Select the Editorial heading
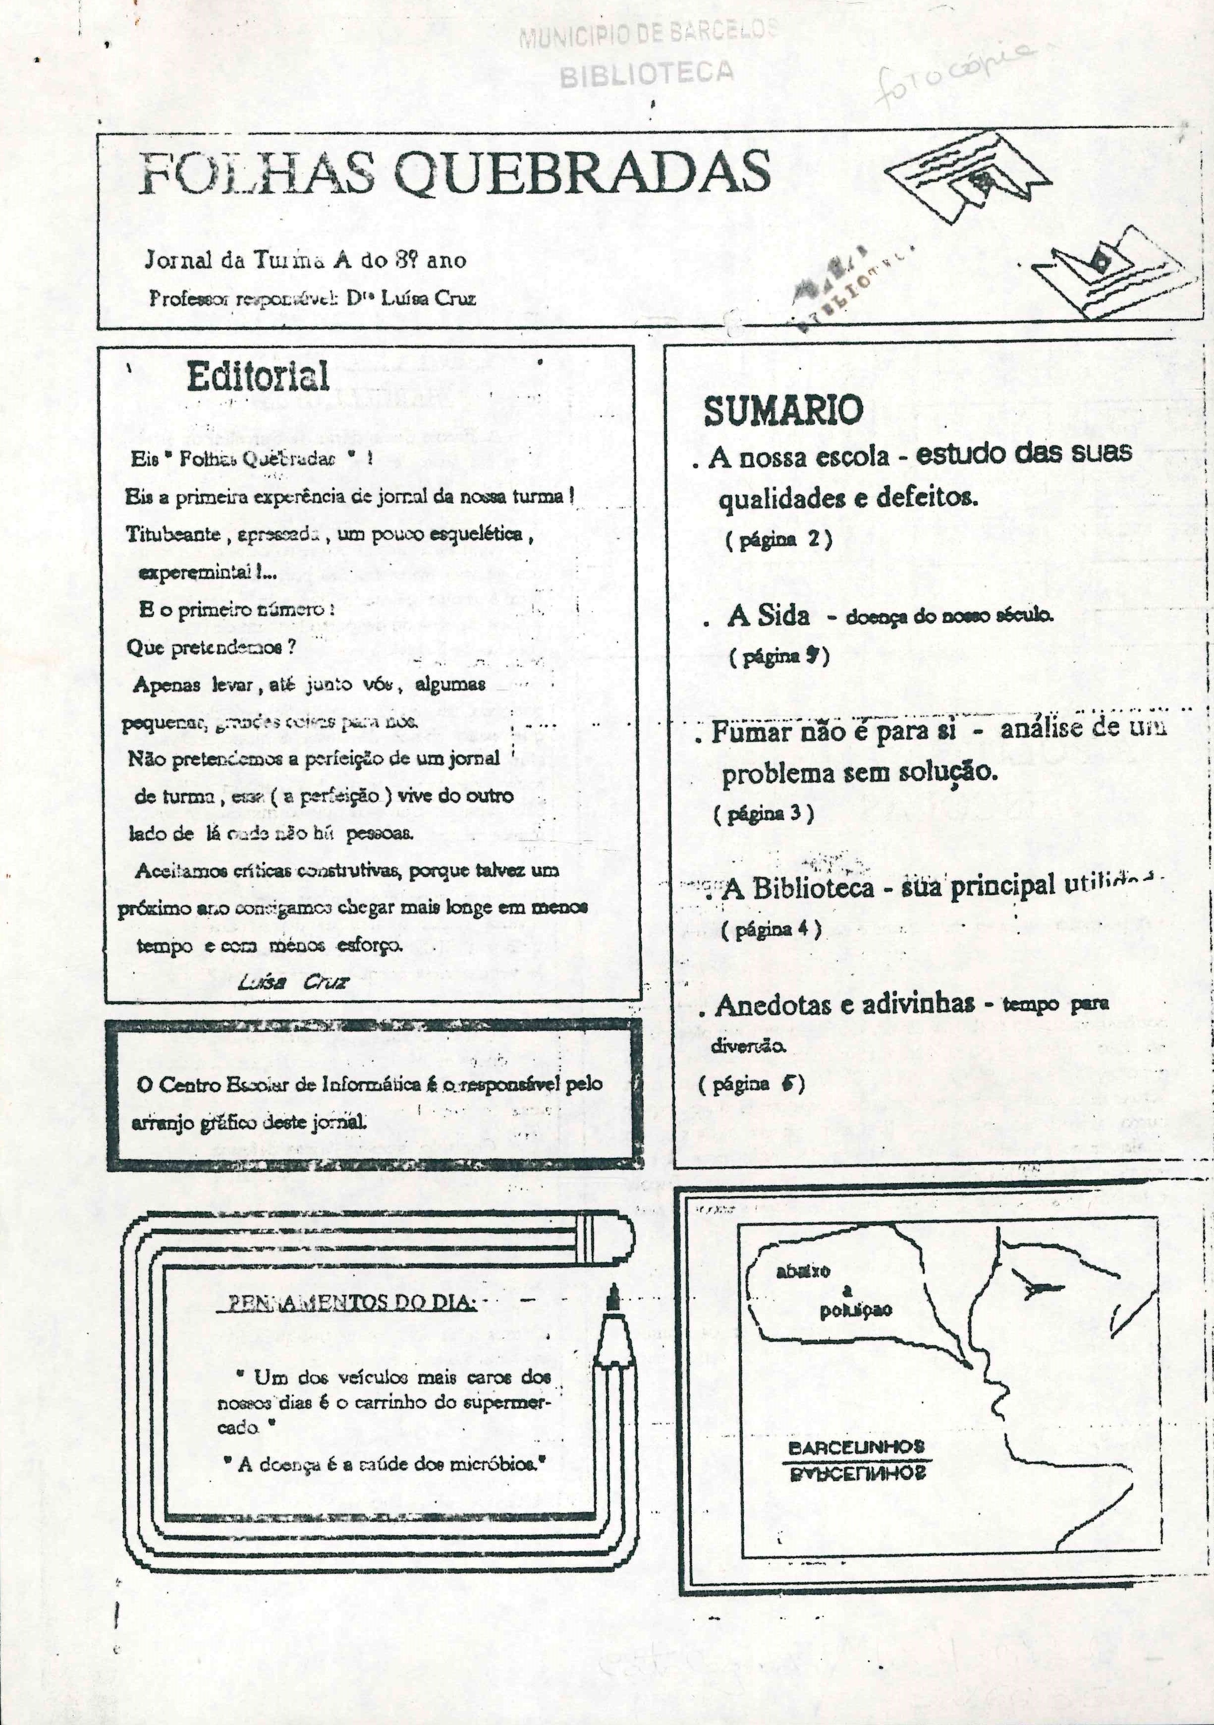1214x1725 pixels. click(x=258, y=376)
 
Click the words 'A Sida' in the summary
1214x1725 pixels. click(x=768, y=617)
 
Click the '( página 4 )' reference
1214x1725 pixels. click(x=771, y=929)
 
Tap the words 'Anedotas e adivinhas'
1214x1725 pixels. click(x=844, y=1005)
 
